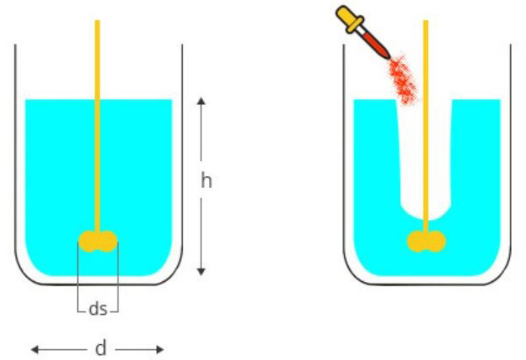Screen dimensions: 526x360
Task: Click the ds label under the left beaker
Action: click(x=98, y=308)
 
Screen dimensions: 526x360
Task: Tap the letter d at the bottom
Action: click(x=101, y=348)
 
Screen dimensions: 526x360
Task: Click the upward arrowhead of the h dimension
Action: click(x=201, y=101)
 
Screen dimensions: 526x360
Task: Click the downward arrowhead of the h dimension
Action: click(x=201, y=271)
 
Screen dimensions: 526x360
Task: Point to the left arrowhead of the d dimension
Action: click(x=34, y=350)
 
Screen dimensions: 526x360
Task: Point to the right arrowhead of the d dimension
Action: click(x=160, y=350)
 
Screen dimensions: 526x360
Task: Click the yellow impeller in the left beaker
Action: click(x=97, y=241)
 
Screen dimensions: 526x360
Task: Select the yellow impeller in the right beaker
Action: click(x=426, y=241)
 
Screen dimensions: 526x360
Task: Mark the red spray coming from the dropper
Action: click(x=403, y=80)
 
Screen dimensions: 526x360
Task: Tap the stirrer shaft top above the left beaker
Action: click(x=97, y=22)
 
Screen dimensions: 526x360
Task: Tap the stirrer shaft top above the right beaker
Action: click(x=425, y=22)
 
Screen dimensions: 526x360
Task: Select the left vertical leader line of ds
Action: click(x=78, y=277)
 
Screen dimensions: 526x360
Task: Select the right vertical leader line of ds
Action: click(x=118, y=277)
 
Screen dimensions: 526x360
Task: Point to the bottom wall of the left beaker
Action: click(x=99, y=284)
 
